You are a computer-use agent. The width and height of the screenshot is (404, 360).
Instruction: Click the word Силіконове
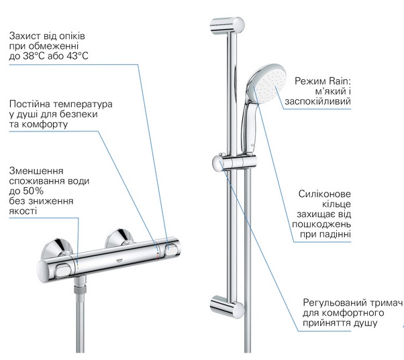[325, 194]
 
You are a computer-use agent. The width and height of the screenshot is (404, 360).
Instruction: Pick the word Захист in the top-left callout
[26, 34]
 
